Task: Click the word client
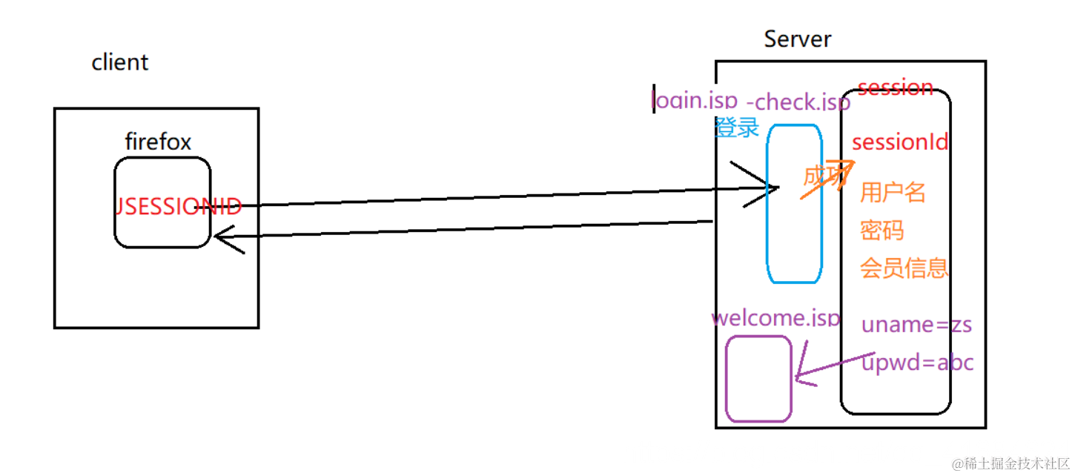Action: [x=120, y=62]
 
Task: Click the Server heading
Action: [x=798, y=39]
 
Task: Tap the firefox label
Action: [x=158, y=142]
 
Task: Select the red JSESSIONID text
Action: [x=179, y=207]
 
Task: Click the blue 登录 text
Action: [x=737, y=127]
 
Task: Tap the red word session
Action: [x=895, y=87]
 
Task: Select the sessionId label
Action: [x=899, y=142]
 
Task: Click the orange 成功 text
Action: [x=823, y=176]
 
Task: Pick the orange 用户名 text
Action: [x=893, y=193]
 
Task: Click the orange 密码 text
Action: [x=881, y=230]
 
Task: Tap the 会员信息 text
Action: [x=904, y=268]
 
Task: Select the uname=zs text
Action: [x=916, y=324]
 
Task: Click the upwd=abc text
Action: [x=917, y=363]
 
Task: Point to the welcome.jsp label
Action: [x=775, y=318]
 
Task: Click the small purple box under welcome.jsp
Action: [x=758, y=379]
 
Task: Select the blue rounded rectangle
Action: [x=794, y=204]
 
